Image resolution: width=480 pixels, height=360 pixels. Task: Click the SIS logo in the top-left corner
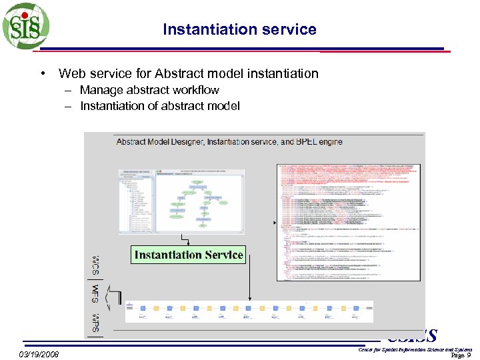coord(25,26)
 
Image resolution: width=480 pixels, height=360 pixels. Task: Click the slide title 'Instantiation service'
coord(239,29)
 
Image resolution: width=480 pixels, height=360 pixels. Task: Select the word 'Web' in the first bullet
coord(71,73)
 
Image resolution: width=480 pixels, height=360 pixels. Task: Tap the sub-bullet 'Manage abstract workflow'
coord(149,90)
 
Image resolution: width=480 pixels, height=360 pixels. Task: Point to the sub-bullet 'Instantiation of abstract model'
coord(159,106)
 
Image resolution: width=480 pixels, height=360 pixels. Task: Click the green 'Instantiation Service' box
coord(189,255)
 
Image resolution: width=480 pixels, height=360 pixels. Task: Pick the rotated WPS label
coord(96,321)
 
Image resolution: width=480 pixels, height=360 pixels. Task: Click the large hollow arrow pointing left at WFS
coord(114,294)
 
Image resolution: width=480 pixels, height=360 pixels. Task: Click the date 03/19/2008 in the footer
coord(39,354)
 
